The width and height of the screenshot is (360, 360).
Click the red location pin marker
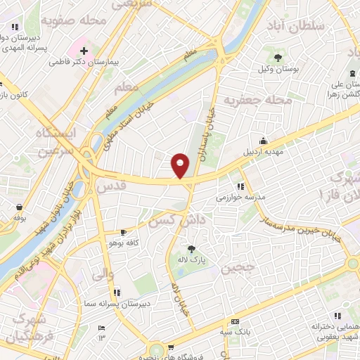pyautogui.click(x=181, y=166)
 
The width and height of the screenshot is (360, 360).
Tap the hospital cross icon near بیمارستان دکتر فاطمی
pyautogui.click(x=84, y=51)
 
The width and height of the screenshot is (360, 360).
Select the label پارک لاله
pyautogui.click(x=191, y=259)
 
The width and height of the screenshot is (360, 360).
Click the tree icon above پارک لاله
pyautogui.click(x=191, y=248)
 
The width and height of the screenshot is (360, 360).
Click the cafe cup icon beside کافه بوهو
pyautogui.click(x=124, y=232)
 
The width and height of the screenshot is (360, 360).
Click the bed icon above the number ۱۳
pyautogui.click(x=101, y=328)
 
